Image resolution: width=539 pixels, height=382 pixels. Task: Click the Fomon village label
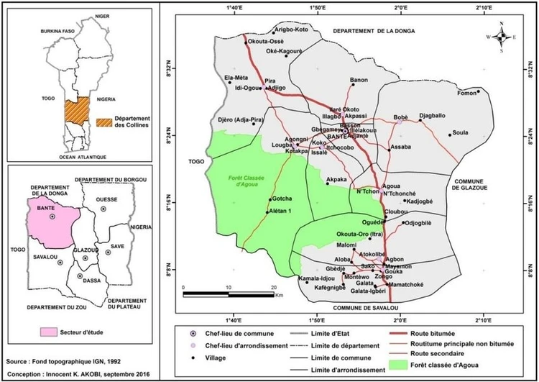(x=467, y=93)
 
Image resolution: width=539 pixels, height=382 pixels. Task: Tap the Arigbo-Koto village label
(x=291, y=29)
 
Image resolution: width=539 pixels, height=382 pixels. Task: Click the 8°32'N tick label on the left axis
(x=171, y=71)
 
